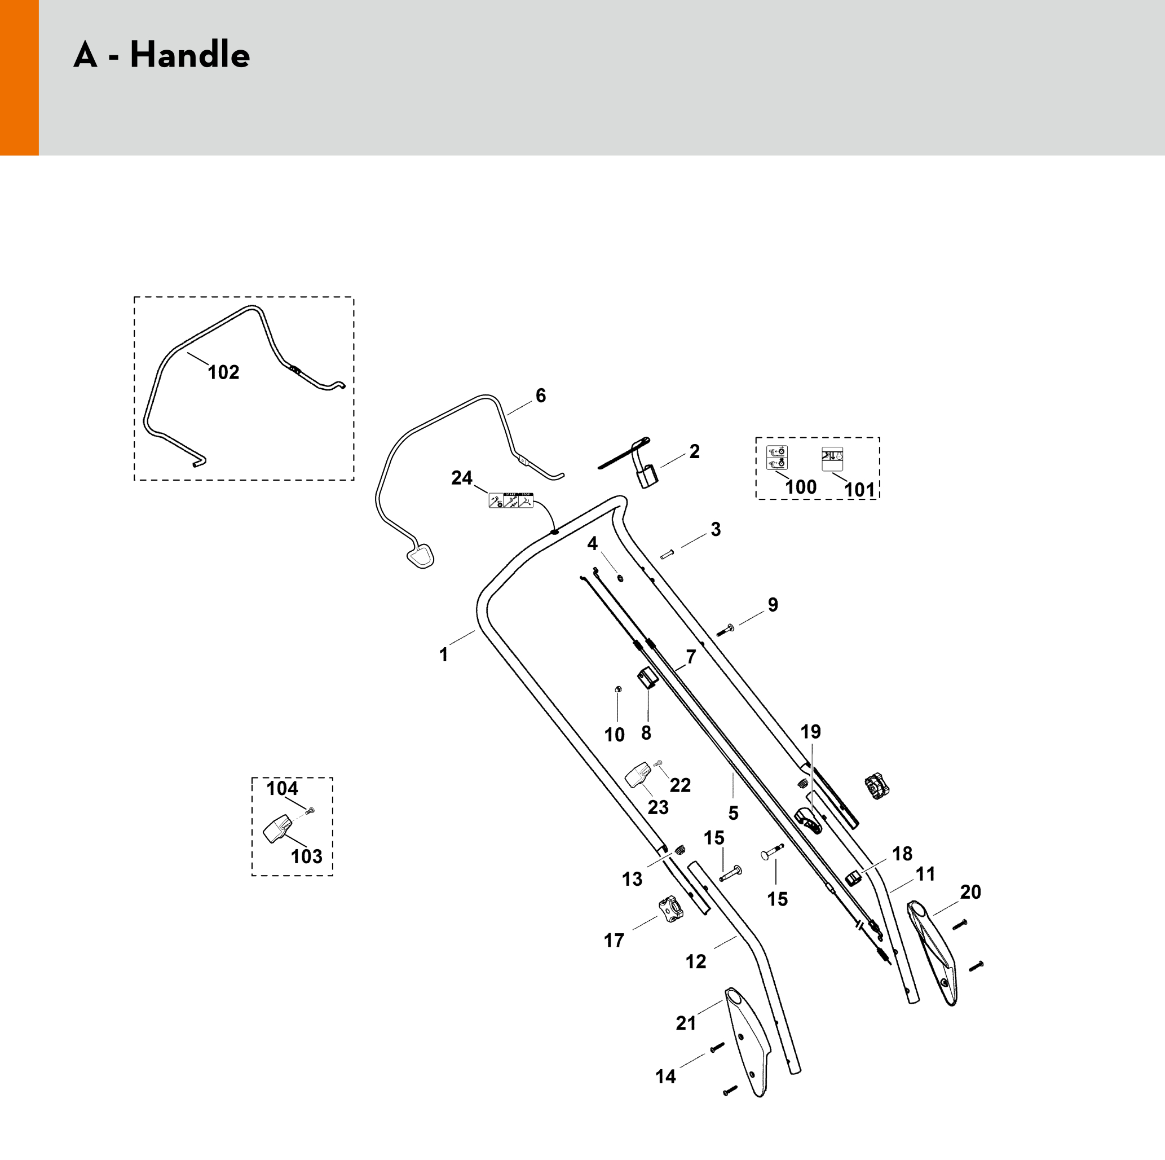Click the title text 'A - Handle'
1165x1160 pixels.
click(x=162, y=55)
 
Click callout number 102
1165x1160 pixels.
click(x=223, y=372)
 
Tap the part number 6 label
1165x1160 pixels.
click(x=540, y=396)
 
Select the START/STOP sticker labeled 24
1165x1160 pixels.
click(x=511, y=500)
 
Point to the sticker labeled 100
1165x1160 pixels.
click(x=776, y=458)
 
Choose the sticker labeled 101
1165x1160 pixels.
click(x=832, y=459)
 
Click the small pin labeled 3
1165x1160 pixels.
click(x=667, y=555)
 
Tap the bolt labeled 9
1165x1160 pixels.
click(x=725, y=630)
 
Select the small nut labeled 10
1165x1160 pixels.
click(x=617, y=689)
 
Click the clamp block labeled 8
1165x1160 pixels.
click(x=647, y=679)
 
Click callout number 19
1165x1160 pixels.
click(x=810, y=732)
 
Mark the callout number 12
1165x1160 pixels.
click(x=695, y=961)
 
